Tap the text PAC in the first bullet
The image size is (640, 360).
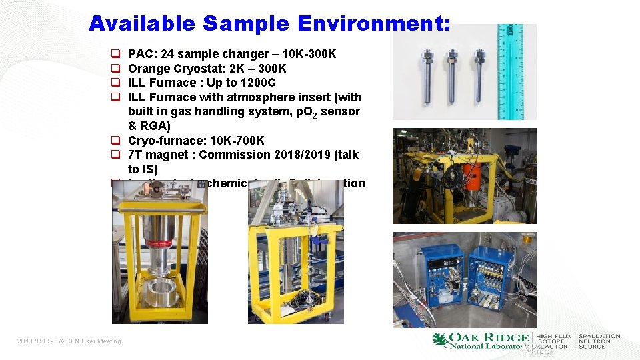tap(139, 54)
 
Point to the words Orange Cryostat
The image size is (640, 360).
tap(171, 69)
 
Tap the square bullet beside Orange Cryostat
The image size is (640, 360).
tap(115, 69)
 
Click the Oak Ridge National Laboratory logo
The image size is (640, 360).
tap(481, 341)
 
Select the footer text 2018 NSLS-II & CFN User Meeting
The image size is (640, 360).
tap(69, 341)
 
